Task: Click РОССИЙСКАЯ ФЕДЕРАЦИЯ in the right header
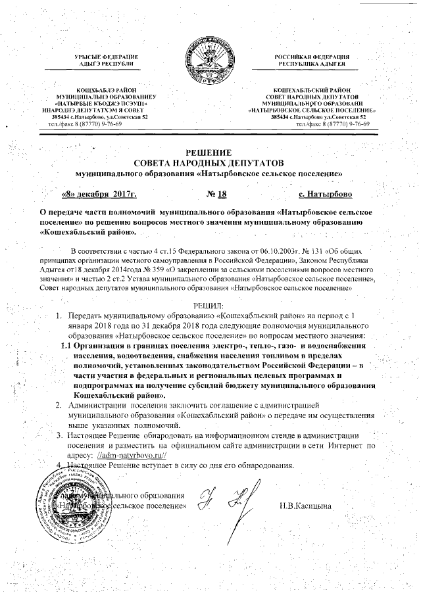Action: click(x=312, y=59)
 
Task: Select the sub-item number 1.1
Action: click(x=66, y=346)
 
